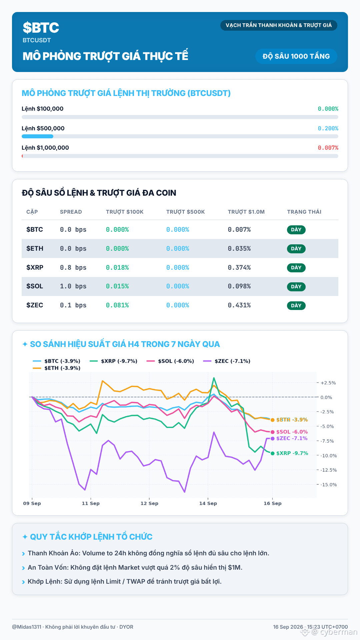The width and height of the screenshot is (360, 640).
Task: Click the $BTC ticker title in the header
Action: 41,28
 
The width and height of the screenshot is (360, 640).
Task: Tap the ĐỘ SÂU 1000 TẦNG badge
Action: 296,56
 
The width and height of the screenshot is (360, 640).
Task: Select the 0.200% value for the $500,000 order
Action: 328,128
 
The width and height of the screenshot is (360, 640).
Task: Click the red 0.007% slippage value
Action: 328,148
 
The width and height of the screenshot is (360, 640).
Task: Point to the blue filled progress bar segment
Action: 37,136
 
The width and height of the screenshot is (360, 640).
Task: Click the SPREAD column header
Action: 71,212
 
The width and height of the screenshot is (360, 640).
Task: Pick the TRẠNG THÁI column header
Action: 304,212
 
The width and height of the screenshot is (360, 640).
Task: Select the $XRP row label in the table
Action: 35,267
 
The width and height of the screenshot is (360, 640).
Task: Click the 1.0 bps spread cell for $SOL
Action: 73,286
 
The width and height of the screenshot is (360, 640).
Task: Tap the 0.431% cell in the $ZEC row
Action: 239,305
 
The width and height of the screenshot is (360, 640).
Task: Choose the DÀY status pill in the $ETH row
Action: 296,249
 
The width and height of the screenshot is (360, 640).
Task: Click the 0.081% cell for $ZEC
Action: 117,305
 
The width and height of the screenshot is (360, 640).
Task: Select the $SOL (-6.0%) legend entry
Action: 170,361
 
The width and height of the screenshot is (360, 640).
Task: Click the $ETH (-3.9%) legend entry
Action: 57,368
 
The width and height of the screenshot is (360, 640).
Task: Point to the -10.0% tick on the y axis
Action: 329,456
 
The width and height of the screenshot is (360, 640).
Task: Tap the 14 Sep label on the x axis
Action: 208,503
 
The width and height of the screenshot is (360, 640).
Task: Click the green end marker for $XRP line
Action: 273,453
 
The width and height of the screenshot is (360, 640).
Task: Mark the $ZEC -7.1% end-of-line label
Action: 292,438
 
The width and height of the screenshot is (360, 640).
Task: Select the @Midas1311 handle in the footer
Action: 27,627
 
